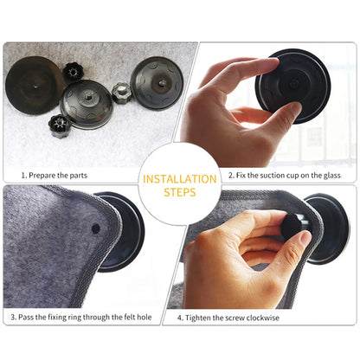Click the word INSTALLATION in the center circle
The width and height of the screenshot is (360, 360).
tap(180, 179)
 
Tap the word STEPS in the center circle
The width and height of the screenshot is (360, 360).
tap(180, 192)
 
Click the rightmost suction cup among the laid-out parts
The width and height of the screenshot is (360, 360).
tap(156, 81)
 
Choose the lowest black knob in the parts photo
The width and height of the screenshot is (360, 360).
tap(61, 126)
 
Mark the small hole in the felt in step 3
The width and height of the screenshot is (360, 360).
tap(95, 228)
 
